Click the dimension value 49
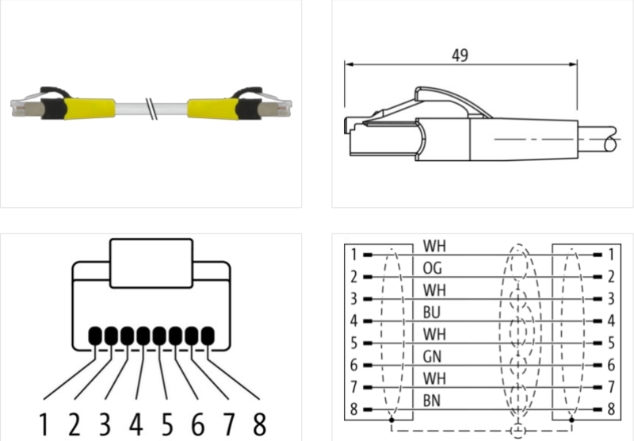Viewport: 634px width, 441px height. pos(459,56)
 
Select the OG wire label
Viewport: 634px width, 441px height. pos(433,267)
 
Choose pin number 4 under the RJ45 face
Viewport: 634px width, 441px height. pos(136,422)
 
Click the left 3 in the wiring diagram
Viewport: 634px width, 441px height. pos(353,300)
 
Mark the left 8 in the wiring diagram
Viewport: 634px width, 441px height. pos(353,409)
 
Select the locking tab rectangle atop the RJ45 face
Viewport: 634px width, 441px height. pos(151,263)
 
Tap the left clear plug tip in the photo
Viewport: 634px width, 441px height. pos(24,104)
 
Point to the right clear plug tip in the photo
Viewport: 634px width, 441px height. pos(280,104)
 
